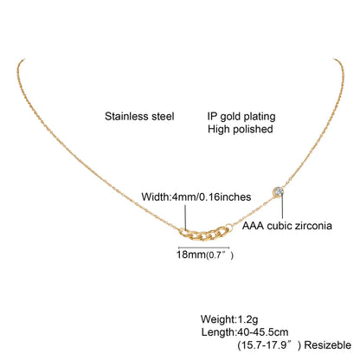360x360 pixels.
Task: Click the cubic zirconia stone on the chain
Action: (x=279, y=191)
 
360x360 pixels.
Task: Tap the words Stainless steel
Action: (x=139, y=117)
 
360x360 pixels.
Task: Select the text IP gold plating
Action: (x=241, y=117)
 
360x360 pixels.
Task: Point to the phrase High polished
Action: (x=241, y=129)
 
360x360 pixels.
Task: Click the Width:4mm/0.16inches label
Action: (x=196, y=196)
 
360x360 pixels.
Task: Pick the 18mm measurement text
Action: (x=190, y=254)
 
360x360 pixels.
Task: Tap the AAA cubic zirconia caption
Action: (x=287, y=226)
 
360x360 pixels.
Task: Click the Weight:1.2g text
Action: (x=229, y=319)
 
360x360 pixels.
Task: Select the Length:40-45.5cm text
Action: (x=245, y=332)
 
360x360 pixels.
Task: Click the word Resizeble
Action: (x=328, y=345)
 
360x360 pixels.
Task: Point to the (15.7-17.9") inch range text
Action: (x=269, y=345)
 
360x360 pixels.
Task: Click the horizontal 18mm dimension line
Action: (x=204, y=247)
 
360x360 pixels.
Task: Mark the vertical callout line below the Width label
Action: (x=185, y=217)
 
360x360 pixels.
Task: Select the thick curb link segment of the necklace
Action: (x=205, y=234)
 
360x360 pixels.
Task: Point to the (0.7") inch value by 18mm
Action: (x=220, y=255)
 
